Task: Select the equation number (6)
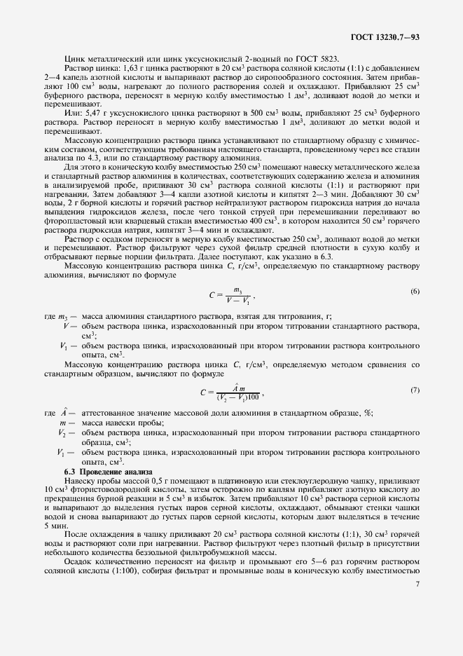point(415,292)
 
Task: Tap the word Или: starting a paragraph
point(72,112)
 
